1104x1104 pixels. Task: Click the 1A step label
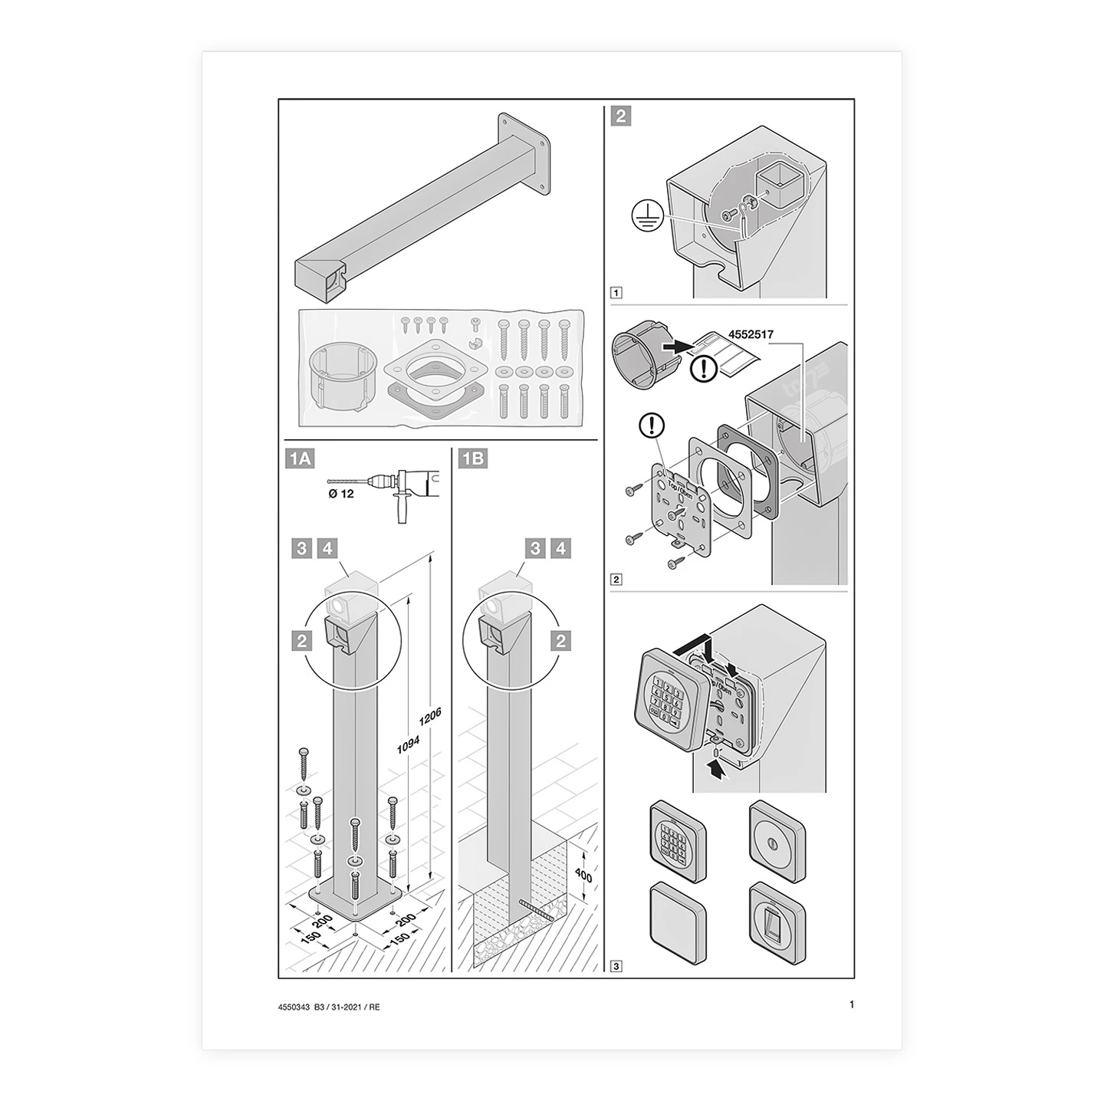(x=299, y=458)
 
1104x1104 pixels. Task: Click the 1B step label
(x=472, y=458)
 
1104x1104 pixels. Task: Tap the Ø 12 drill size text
(x=341, y=494)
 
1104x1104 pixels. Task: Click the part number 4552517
(x=751, y=334)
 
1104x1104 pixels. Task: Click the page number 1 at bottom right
(x=852, y=1004)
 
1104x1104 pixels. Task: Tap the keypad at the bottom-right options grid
(x=678, y=842)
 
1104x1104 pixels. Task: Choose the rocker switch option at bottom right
(x=777, y=924)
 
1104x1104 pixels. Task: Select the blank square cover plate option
(x=678, y=924)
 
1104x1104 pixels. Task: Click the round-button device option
(x=777, y=842)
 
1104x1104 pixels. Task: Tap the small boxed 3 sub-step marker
(x=616, y=966)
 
